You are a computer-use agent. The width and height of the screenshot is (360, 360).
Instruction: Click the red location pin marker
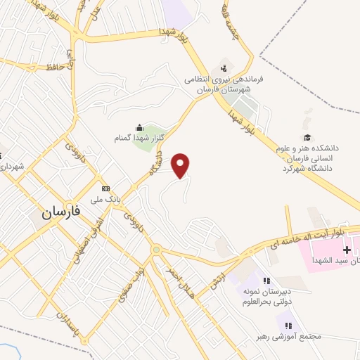(x=181, y=165)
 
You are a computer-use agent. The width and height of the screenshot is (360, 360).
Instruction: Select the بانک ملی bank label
(x=106, y=200)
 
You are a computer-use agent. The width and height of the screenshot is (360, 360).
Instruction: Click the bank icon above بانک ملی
(x=106, y=188)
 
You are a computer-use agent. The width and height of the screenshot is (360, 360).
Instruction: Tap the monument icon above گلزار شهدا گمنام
(x=139, y=127)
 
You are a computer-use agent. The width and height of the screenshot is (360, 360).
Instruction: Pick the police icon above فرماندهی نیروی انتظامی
(x=224, y=68)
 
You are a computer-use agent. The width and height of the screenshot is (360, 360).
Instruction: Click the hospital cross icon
(x=347, y=250)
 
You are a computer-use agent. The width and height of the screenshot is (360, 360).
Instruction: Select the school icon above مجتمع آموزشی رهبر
(x=288, y=324)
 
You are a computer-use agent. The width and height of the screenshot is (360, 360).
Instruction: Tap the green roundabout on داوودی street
(x=156, y=249)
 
